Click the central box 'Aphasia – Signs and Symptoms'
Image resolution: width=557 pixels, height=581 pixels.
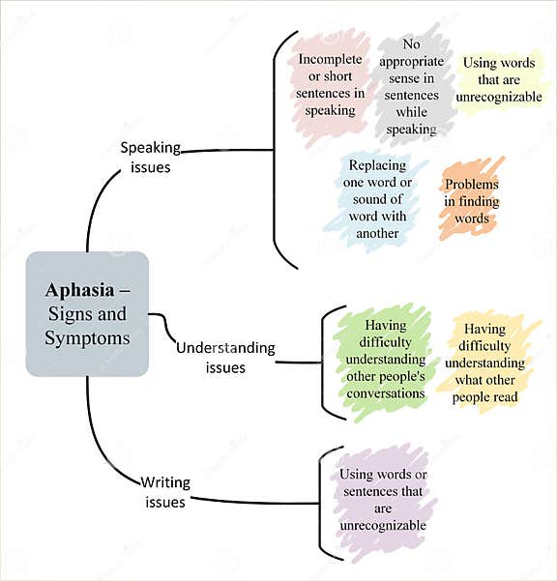coord(87,314)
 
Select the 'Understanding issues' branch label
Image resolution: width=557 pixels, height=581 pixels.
coord(224,357)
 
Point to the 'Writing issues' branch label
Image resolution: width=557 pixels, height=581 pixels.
coord(165,491)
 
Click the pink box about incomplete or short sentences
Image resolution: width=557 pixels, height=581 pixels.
coord(332,84)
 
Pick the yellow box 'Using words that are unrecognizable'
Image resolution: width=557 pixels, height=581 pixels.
coord(499,80)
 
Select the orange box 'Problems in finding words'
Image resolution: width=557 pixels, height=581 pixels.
coord(472,201)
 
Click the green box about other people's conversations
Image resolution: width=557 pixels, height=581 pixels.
coord(386,360)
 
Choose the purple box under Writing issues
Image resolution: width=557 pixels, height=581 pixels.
coord(382,500)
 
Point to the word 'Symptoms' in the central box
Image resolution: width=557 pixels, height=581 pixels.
coord(87,338)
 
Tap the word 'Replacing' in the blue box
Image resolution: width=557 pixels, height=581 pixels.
coord(377,165)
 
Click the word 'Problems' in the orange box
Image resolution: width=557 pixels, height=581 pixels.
coord(472,184)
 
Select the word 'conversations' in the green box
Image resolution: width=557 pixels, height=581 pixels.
coord(386,393)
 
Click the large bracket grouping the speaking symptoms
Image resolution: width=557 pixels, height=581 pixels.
coord(277,150)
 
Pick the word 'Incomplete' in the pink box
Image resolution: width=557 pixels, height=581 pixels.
coord(331,59)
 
